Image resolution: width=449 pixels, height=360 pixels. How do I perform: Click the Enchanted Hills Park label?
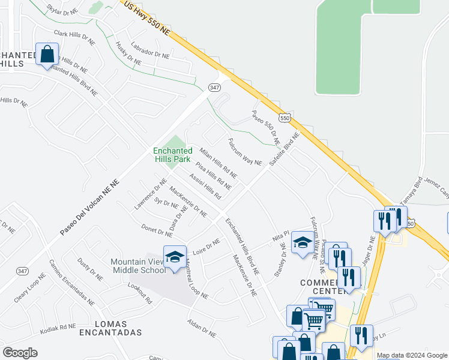pyautogui.click(x=172, y=155)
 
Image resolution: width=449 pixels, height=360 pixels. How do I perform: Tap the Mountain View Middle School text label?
pyautogui.click(x=138, y=266)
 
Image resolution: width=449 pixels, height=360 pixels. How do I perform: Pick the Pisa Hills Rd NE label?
pyautogui.click(x=213, y=173)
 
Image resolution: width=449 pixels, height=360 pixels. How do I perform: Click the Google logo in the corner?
pyautogui.click(x=20, y=353)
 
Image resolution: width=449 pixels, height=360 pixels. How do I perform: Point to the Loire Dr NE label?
pyautogui.click(x=206, y=245)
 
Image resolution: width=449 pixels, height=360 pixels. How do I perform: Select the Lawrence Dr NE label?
pyautogui.click(x=149, y=194)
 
